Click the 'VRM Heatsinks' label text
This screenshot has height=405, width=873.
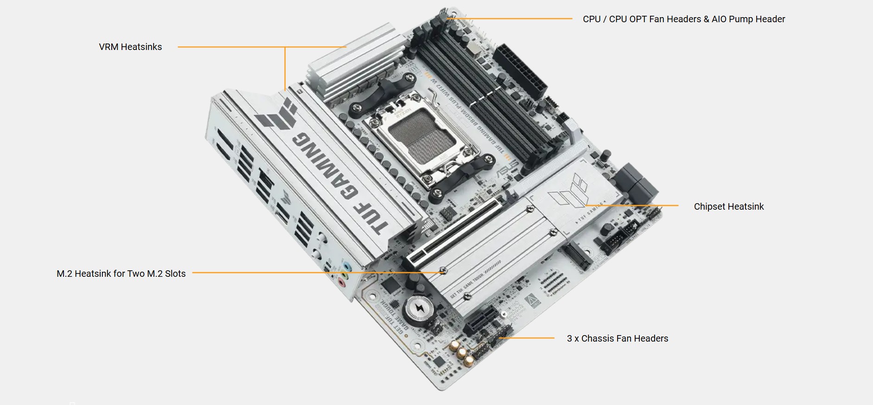(x=130, y=47)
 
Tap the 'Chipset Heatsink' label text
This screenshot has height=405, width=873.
(x=728, y=206)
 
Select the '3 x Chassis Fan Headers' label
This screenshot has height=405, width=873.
(x=617, y=338)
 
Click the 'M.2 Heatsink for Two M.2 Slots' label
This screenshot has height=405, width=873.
(x=121, y=274)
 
